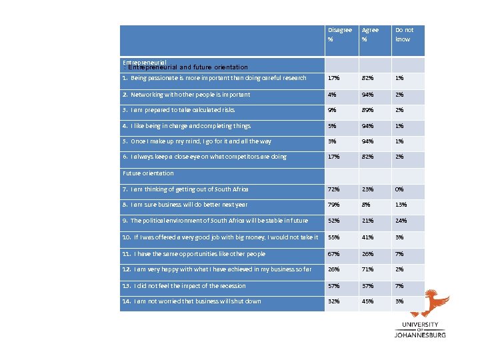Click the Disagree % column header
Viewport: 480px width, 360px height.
(339, 35)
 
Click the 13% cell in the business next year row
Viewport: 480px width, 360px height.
(401, 205)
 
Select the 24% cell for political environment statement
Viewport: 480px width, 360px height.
(401, 221)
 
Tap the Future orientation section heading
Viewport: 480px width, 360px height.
(149, 173)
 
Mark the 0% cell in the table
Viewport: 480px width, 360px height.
(400, 189)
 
